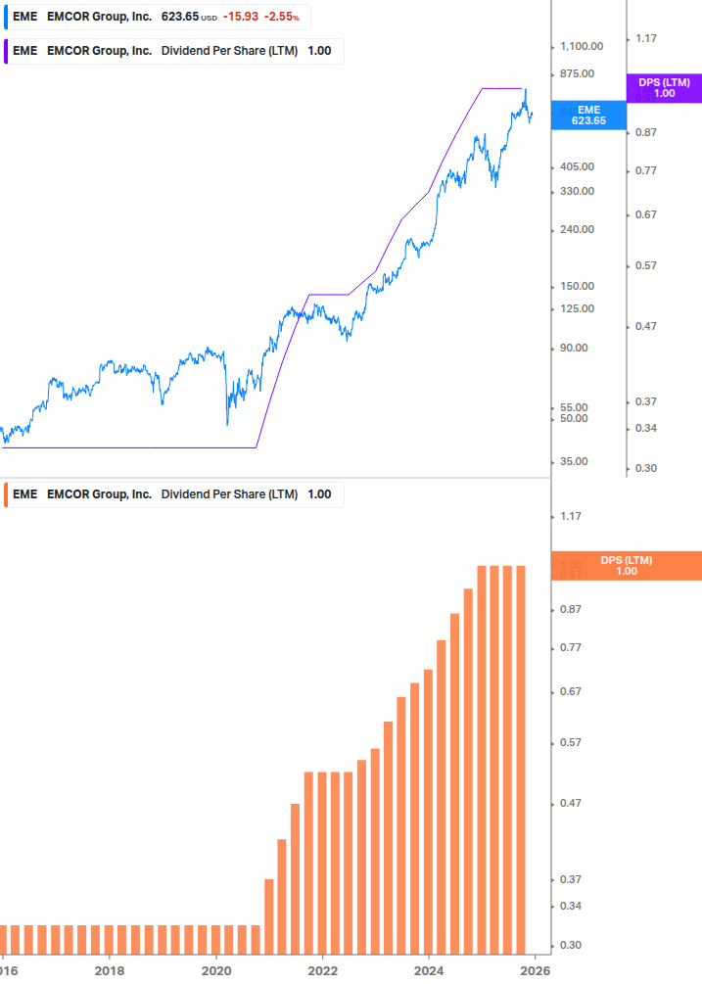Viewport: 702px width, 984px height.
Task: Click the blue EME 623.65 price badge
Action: (588, 115)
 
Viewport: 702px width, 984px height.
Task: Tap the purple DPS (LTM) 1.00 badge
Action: (664, 88)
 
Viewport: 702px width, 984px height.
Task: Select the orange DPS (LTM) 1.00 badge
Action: (627, 566)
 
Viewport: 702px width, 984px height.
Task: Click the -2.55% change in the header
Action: (281, 18)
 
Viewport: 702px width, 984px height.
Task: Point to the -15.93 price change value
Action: (239, 18)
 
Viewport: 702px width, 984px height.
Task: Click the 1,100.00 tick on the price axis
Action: (582, 46)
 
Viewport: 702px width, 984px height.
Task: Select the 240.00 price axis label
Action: (578, 229)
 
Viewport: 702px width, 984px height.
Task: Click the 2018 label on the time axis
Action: (110, 970)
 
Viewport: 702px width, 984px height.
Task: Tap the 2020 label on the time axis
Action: (216, 970)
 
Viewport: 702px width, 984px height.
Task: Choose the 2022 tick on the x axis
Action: (322, 970)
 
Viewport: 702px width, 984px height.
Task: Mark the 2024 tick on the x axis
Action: (429, 970)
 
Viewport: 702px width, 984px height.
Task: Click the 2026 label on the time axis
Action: (535, 970)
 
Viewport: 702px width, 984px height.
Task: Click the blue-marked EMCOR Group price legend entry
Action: (157, 18)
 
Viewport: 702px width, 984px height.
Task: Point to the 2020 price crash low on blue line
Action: (227, 424)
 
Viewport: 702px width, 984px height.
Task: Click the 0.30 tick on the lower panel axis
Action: (571, 946)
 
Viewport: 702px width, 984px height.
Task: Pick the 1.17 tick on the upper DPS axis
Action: (645, 38)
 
